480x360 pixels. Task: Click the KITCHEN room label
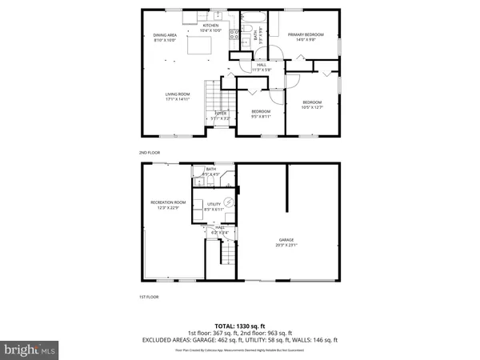210,26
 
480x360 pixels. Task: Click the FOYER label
220,114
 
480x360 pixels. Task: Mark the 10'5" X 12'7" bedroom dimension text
312,106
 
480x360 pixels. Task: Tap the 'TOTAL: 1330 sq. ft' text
239,325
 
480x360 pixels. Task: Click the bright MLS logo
30,350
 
